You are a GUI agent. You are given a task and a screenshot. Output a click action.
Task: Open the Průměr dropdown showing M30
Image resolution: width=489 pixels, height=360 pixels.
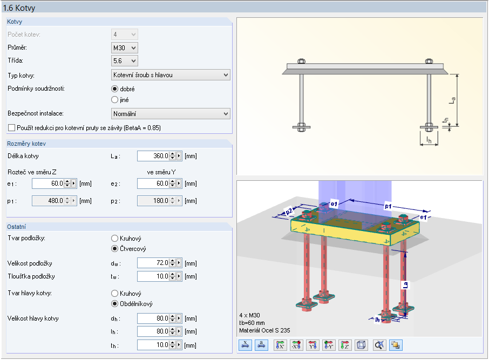pyautogui.click(x=124, y=48)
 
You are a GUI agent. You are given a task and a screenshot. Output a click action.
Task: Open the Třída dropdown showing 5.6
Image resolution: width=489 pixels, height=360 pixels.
pyautogui.click(x=124, y=61)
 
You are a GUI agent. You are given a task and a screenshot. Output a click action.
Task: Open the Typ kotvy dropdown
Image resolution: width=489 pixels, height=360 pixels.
pyautogui.click(x=170, y=74)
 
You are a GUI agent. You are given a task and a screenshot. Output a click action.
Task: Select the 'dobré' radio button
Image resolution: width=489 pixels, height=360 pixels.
pyautogui.click(x=114, y=89)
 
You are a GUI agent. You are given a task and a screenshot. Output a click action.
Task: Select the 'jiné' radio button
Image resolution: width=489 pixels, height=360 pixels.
pyautogui.click(x=114, y=99)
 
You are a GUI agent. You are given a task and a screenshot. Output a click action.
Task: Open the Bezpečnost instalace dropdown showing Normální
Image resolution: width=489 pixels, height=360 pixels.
pyautogui.click(x=170, y=114)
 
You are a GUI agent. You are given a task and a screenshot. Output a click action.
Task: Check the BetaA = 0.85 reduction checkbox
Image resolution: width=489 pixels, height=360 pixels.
pyautogui.click(x=12, y=128)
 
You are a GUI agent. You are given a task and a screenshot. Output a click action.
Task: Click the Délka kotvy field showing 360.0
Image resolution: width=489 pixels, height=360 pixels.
pyautogui.click(x=153, y=156)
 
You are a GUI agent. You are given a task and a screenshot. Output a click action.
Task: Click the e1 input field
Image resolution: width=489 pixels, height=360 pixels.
pyautogui.click(x=48, y=184)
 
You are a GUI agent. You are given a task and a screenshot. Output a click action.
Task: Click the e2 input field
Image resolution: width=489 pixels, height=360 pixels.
pyautogui.click(x=153, y=184)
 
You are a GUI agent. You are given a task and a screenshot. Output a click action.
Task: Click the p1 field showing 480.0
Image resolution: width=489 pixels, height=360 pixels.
pyautogui.click(x=48, y=201)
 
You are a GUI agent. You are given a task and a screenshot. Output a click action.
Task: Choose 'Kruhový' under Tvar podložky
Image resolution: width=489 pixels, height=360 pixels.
pyautogui.click(x=114, y=238)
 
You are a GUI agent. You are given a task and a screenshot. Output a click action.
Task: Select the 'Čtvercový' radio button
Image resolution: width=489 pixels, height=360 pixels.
pyautogui.click(x=114, y=249)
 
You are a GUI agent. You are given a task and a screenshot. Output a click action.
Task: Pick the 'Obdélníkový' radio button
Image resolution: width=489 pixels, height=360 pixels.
pyautogui.click(x=114, y=303)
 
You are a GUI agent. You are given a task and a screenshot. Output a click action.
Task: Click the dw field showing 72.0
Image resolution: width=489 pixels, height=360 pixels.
pyautogui.click(x=153, y=263)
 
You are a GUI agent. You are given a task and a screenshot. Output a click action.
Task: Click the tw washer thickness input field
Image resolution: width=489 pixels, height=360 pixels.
pyautogui.click(x=153, y=276)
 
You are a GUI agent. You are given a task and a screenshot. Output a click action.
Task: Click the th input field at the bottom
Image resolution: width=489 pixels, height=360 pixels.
pyautogui.click(x=153, y=345)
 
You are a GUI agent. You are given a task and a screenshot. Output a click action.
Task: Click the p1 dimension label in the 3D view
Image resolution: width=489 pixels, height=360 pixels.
pyautogui.click(x=389, y=206)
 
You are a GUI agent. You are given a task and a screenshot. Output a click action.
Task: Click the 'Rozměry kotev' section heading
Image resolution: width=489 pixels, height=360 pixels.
pyautogui.click(x=26, y=144)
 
